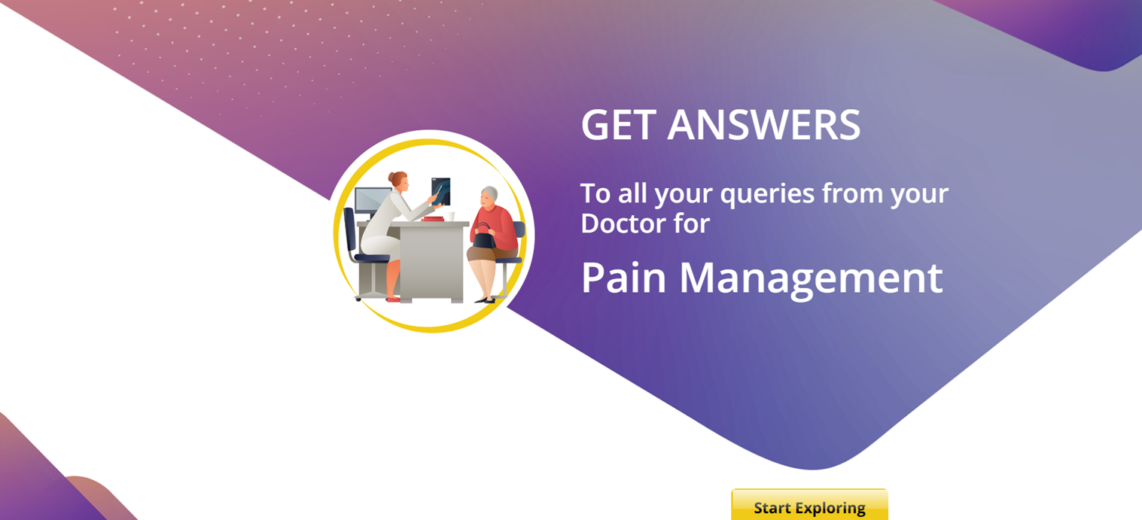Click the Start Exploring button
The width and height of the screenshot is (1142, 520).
pos(809,505)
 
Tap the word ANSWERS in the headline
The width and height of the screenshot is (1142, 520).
pos(763,124)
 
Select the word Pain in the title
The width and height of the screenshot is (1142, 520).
pos(623,278)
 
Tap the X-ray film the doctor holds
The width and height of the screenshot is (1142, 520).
pos(440,191)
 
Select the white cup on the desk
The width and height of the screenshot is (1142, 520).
pos(451,216)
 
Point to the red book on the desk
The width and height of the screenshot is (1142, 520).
pos(433,219)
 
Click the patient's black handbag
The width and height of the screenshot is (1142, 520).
pos(484,238)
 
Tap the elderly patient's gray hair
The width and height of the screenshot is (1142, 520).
pos(490,193)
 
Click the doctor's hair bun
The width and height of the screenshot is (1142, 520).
pos(391,178)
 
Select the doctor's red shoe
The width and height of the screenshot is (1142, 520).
pos(393,300)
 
